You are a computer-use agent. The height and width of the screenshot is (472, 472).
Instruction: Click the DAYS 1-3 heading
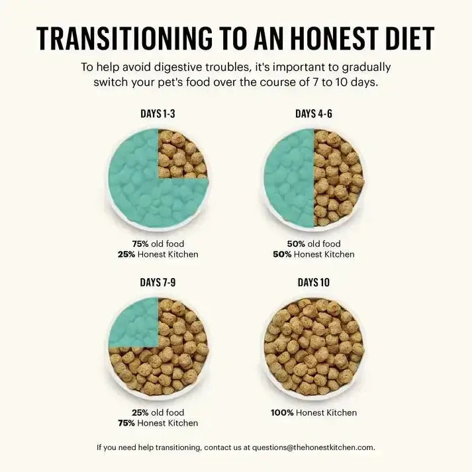click(158, 114)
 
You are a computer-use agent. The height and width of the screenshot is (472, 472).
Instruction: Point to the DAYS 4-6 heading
click(314, 114)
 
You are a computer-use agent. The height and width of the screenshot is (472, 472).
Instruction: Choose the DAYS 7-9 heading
click(158, 283)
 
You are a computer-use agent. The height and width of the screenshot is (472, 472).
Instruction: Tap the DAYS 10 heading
click(314, 283)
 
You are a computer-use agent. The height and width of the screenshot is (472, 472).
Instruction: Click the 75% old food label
click(158, 244)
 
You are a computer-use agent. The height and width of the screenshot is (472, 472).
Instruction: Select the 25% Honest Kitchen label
click(158, 254)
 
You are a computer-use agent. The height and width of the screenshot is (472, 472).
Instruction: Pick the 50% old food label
click(314, 244)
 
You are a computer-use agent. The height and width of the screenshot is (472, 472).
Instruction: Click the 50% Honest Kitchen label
click(314, 254)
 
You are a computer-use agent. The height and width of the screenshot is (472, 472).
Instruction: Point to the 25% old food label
click(158, 412)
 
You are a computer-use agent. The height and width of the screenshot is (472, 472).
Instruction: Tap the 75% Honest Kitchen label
click(158, 423)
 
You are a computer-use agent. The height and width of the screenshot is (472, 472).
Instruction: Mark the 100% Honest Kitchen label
click(314, 412)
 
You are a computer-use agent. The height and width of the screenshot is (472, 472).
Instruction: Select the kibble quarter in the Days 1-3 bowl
click(181, 154)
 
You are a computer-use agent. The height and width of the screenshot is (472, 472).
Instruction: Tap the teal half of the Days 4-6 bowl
click(289, 177)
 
